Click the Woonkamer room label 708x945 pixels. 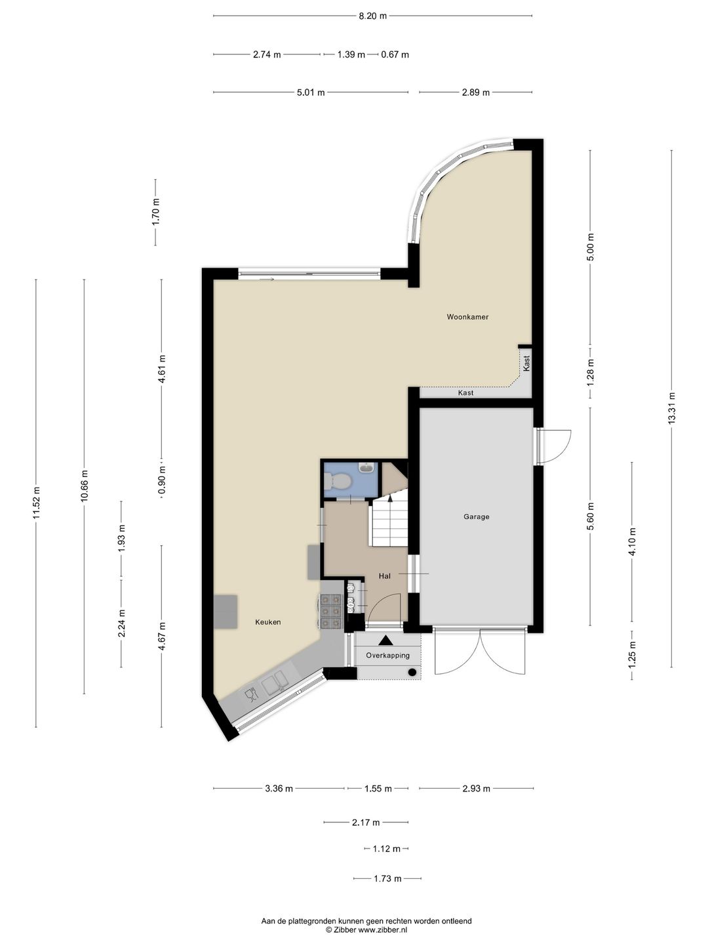[467, 317]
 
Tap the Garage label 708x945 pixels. [477, 516]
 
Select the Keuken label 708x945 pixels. [268, 621]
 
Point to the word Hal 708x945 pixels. [384, 576]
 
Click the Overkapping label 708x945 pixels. [387, 655]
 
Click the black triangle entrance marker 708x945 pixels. [385, 640]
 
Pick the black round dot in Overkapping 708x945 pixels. [412, 671]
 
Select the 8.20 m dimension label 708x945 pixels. [373, 16]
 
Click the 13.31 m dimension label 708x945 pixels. [672, 408]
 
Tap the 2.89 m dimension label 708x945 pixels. [475, 92]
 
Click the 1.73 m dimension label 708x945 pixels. [387, 878]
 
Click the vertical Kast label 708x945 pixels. [526, 363]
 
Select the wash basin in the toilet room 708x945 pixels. [366, 467]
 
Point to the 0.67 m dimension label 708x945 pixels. [395, 54]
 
